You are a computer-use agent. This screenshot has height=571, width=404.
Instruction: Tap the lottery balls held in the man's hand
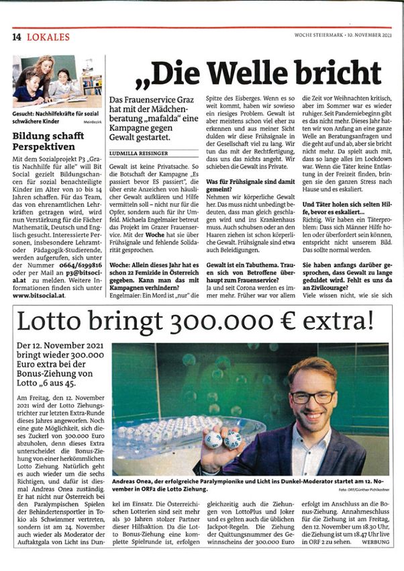[221, 439]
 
